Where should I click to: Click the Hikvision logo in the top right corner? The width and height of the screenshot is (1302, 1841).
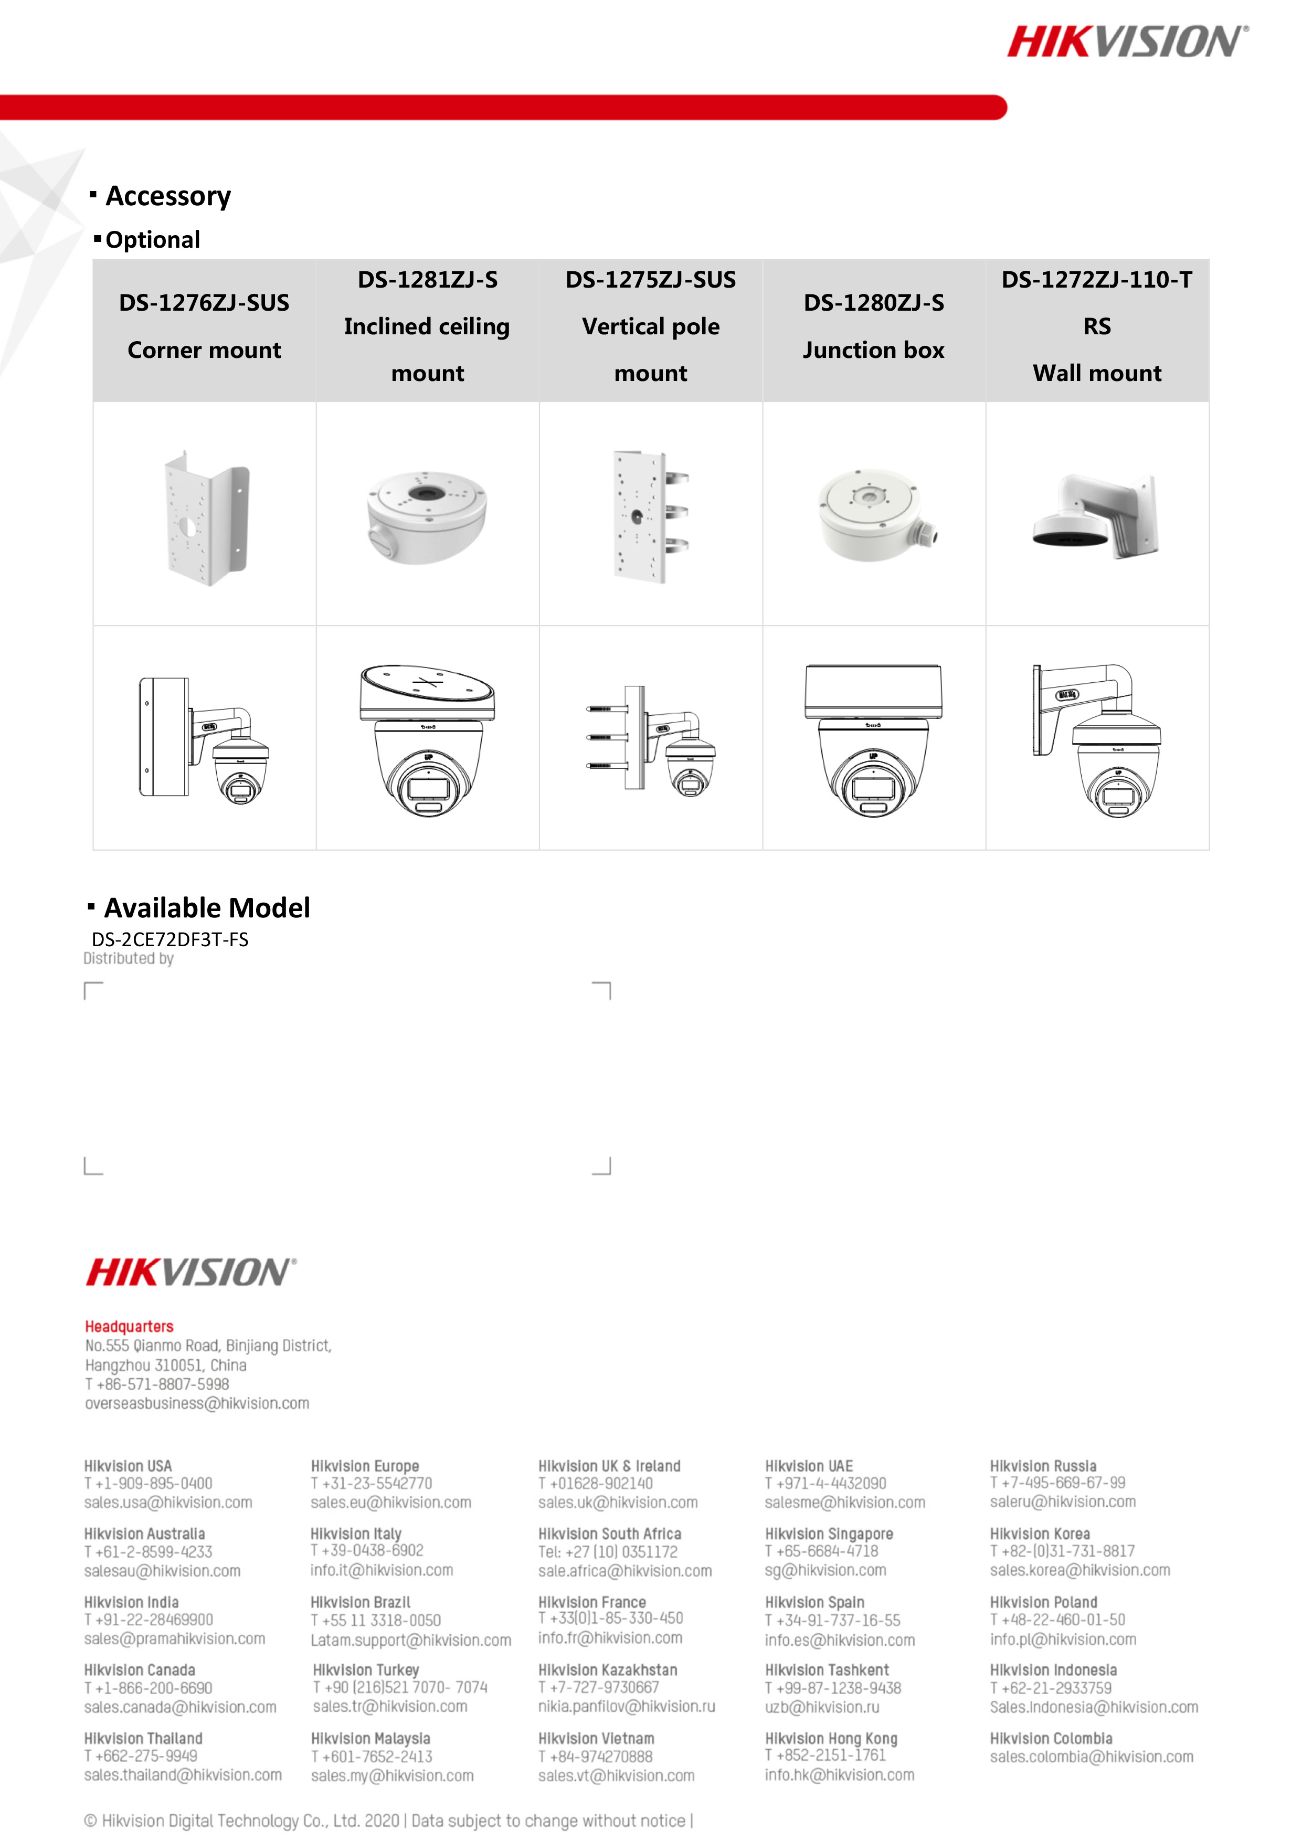tap(1126, 41)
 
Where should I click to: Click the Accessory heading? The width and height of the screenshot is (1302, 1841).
tap(167, 196)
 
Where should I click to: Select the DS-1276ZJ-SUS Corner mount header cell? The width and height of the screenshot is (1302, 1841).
tap(205, 326)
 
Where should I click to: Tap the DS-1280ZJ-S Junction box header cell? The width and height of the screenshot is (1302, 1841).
tap(873, 326)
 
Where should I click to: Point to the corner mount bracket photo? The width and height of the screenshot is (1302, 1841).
tap(206, 517)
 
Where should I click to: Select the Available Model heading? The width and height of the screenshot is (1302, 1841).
tap(206, 908)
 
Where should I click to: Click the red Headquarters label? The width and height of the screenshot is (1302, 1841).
tap(129, 1326)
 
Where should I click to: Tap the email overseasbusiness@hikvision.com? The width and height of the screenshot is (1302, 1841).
tap(197, 1403)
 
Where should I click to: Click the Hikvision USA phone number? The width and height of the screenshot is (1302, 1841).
tap(149, 1484)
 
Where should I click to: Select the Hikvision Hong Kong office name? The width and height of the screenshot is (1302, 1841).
tap(831, 1738)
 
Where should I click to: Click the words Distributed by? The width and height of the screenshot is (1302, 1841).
tap(128, 958)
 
